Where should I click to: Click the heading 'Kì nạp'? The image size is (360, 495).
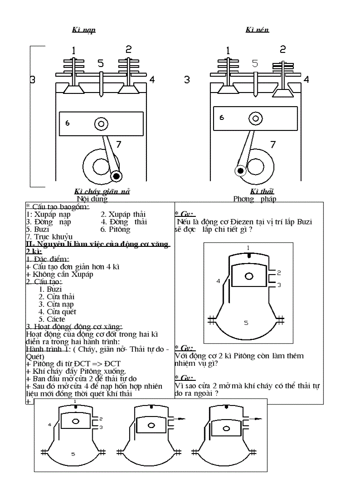[84, 30]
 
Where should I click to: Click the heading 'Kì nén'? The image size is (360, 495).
[258, 30]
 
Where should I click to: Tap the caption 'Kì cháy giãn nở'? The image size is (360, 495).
[101, 191]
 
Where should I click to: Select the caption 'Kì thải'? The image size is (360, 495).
[262, 191]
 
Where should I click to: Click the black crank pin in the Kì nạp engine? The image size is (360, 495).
[116, 176]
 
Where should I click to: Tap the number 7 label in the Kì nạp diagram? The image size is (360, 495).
[118, 144]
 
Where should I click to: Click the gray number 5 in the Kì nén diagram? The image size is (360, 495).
[255, 63]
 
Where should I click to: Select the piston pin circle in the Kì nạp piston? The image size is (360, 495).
[101, 124]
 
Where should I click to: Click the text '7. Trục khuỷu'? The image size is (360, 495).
[49, 237]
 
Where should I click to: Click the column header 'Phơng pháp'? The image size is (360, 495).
[255, 198]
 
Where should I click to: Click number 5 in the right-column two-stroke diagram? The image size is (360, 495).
[246, 323]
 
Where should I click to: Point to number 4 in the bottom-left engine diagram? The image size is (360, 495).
[49, 424]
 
